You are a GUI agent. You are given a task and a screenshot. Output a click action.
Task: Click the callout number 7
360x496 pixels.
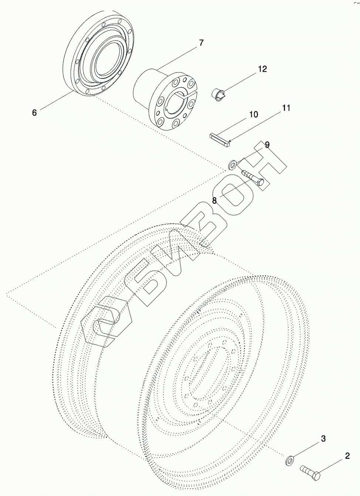click(x=201, y=43)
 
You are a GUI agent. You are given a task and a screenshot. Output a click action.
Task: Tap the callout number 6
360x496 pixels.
click(x=34, y=113)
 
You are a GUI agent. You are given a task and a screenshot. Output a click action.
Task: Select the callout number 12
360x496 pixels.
click(x=262, y=69)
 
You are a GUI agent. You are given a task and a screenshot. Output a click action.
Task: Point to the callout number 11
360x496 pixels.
click(x=286, y=108)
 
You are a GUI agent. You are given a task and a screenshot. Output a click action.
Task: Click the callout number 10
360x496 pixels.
click(x=254, y=115)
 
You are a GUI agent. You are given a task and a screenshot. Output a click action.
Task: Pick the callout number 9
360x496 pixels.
click(x=267, y=145)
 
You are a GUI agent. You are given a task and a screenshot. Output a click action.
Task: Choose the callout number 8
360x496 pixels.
click(x=214, y=200)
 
